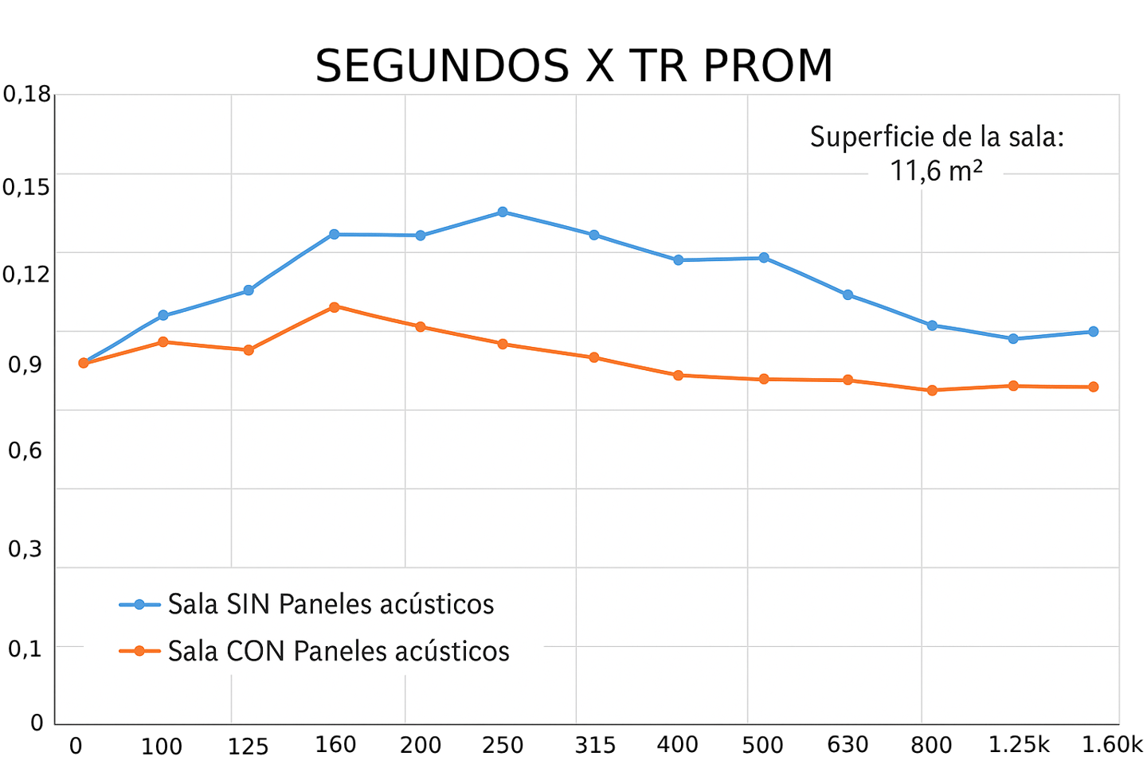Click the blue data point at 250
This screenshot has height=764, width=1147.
coord(503,212)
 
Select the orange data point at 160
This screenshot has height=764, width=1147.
coord(335,306)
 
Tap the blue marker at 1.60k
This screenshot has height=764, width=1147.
coord(1094,331)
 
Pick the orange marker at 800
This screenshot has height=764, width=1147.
coord(932,390)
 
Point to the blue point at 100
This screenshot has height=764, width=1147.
coord(163,315)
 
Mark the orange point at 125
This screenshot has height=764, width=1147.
coord(249,349)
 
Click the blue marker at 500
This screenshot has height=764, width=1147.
coord(764,257)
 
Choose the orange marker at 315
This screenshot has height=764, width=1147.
coord(593,357)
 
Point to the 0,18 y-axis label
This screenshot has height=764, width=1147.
coord(27,95)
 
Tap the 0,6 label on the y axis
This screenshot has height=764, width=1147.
coord(24,450)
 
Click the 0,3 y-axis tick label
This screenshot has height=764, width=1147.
coord(24,549)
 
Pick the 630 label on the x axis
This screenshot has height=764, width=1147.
coord(847,745)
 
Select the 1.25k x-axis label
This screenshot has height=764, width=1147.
coord(1019,745)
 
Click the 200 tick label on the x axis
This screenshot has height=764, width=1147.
coord(421,745)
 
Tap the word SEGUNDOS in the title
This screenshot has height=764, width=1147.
coord(442,66)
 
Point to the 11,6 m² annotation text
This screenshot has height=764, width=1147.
coord(936,170)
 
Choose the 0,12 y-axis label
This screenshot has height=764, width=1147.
coord(27,275)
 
